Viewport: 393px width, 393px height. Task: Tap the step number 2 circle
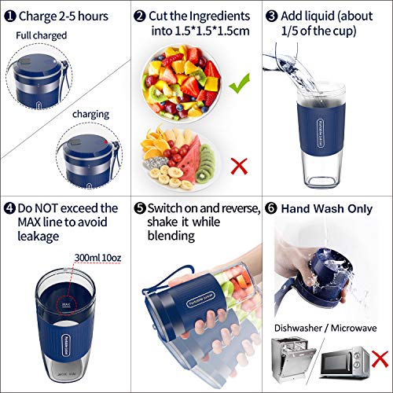click(x=140, y=15)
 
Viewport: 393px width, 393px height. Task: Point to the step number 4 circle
click(x=9, y=209)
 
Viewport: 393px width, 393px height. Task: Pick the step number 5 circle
click(x=140, y=209)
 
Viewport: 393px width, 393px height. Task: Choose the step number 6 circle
click(x=271, y=209)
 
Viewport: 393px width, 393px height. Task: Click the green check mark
click(x=240, y=79)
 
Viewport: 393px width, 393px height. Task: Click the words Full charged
click(x=41, y=35)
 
